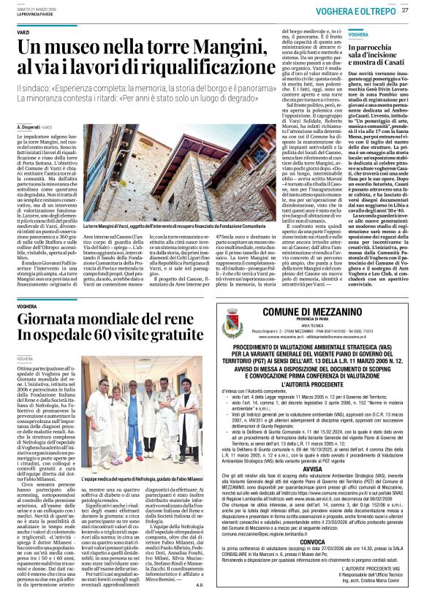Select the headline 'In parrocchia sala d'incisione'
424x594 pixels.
(380, 51)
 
